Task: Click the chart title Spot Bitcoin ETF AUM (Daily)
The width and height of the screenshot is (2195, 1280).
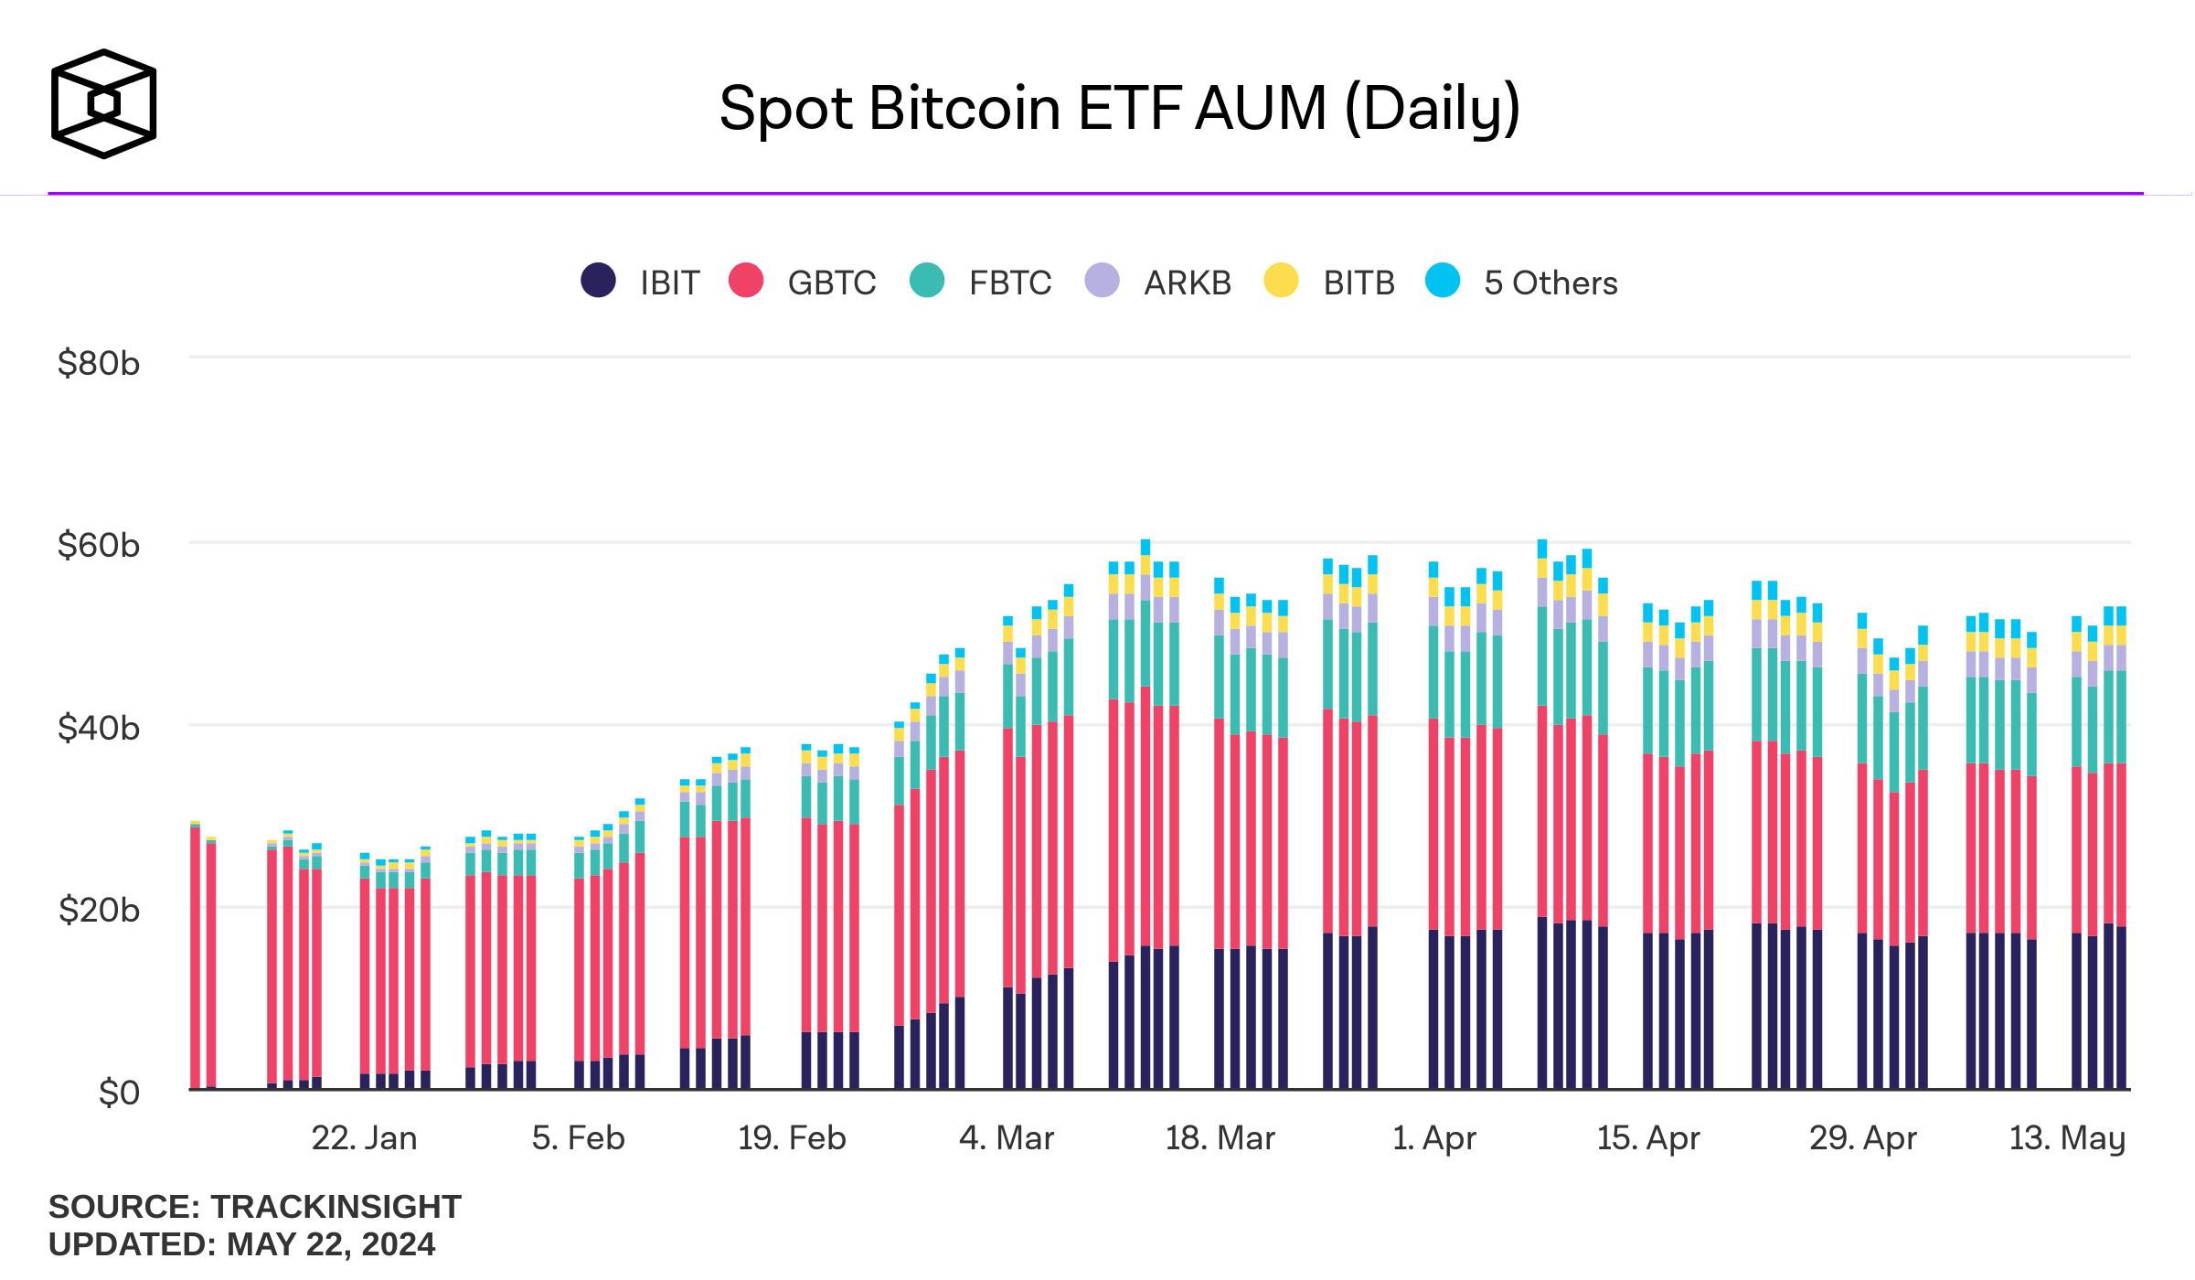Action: coord(1119,109)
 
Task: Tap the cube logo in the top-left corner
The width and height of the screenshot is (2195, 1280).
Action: coord(103,103)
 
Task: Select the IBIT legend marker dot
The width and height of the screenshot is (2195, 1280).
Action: coord(598,281)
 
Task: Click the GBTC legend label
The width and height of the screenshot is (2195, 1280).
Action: coord(831,283)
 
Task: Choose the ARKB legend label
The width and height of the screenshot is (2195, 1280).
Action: coord(1187,283)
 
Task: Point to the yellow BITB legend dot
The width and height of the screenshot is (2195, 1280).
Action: coord(1281,281)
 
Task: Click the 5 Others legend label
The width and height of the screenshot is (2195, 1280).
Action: coord(1550,283)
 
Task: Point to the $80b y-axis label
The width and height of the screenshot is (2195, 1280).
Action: coord(98,364)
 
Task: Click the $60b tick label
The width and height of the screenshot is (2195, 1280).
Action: coord(98,546)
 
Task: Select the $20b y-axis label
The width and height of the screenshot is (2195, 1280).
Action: coord(98,911)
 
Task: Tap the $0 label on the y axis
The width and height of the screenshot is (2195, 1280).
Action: coord(118,1093)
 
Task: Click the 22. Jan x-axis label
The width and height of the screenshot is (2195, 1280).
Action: coord(364,1138)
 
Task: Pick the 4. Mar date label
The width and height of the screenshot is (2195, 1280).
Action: coord(1006,1138)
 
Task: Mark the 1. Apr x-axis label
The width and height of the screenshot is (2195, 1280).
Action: coord(1433,1138)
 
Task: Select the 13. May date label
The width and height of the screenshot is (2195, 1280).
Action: coord(2066,1138)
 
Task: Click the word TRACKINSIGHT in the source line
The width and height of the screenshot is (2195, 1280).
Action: coord(336,1207)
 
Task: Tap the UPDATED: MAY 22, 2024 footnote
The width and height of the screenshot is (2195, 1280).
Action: coord(241,1244)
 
